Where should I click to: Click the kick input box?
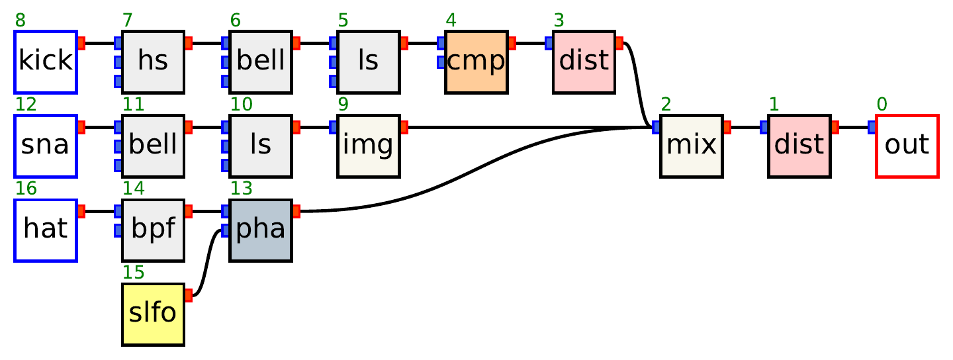point(46,62)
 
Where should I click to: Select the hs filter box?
point(153,62)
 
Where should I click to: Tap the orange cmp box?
point(476,62)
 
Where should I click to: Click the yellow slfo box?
point(153,314)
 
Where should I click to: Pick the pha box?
point(261,230)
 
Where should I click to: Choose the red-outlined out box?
point(907,146)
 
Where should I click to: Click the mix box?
point(691,146)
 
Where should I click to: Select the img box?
point(368,146)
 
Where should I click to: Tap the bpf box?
point(153,230)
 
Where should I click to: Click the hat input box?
point(46,230)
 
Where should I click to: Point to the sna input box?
point(46,146)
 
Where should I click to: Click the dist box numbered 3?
point(584,62)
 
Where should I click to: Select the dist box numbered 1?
point(799,146)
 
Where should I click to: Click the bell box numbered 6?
point(261,62)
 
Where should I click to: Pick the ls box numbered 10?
point(261,146)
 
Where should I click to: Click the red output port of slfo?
point(189,295)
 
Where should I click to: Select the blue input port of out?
point(872,127)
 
